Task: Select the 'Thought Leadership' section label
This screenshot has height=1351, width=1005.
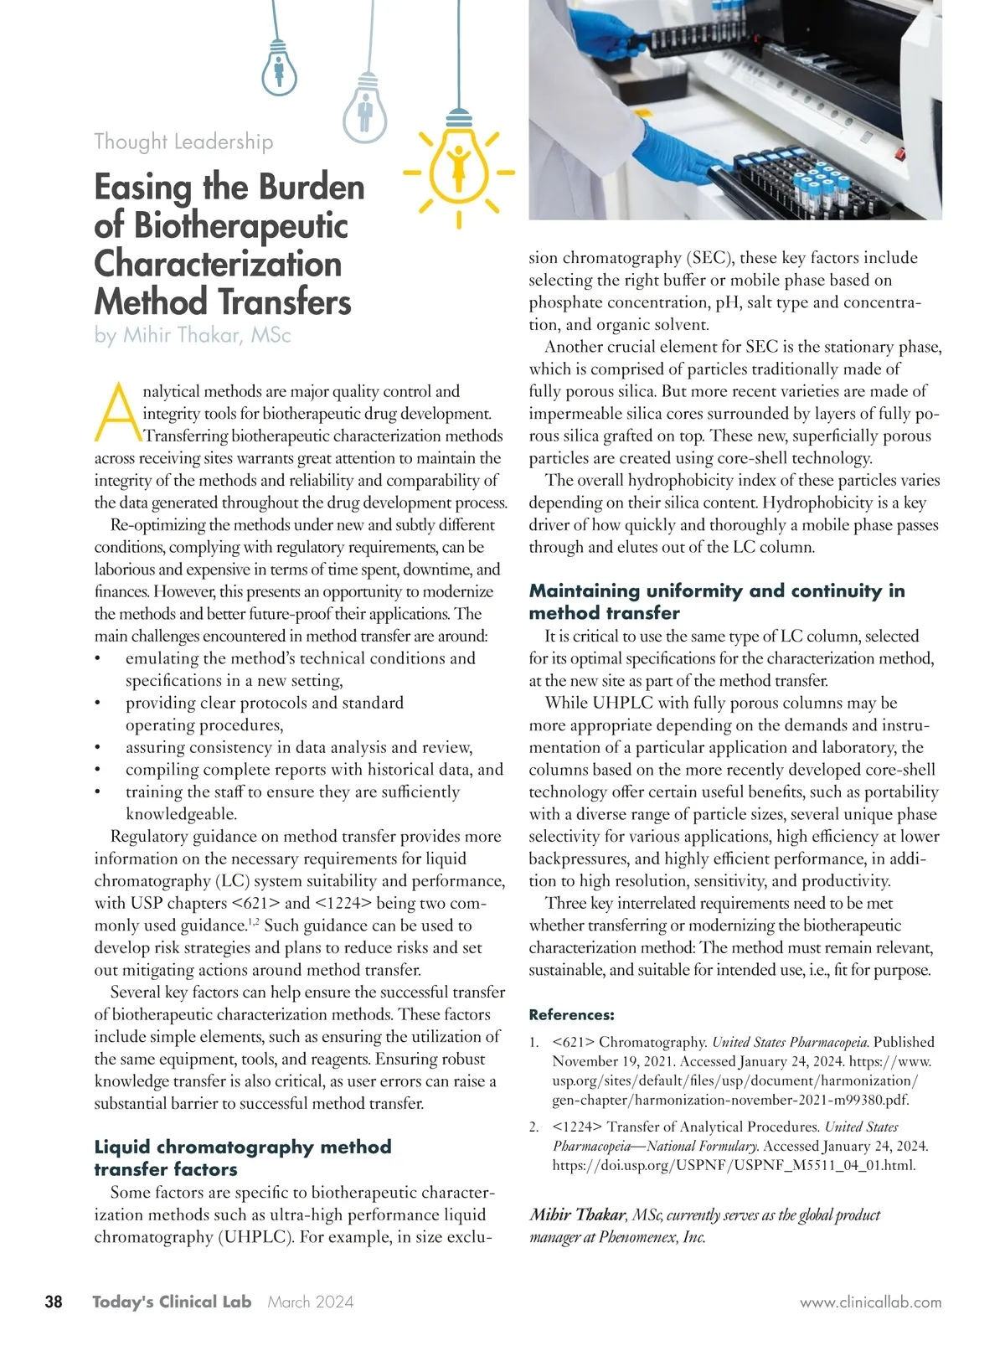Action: [183, 142]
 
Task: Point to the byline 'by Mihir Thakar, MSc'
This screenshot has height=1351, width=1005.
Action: [193, 336]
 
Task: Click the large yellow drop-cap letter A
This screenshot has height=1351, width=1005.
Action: [118, 413]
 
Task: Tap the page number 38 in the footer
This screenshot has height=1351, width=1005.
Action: [53, 1302]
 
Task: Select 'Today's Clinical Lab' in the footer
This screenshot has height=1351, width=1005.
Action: [172, 1302]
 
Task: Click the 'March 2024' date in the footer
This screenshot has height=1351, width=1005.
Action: [311, 1302]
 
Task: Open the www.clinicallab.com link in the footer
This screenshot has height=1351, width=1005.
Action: [870, 1302]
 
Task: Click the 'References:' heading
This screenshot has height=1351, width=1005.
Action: [571, 1015]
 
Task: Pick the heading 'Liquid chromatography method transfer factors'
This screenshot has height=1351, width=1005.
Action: [242, 1158]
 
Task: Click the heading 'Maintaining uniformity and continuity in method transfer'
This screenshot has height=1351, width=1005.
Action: [716, 601]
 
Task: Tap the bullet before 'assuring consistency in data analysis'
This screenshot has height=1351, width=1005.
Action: [98, 748]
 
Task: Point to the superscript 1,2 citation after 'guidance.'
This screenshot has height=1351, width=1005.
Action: [254, 922]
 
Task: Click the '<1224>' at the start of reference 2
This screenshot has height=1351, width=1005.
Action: [577, 1127]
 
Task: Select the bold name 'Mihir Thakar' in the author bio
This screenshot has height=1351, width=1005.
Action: [577, 1215]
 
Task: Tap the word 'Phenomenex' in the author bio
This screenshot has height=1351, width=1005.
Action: [650, 1237]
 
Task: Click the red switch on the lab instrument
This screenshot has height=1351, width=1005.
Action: [901, 153]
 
